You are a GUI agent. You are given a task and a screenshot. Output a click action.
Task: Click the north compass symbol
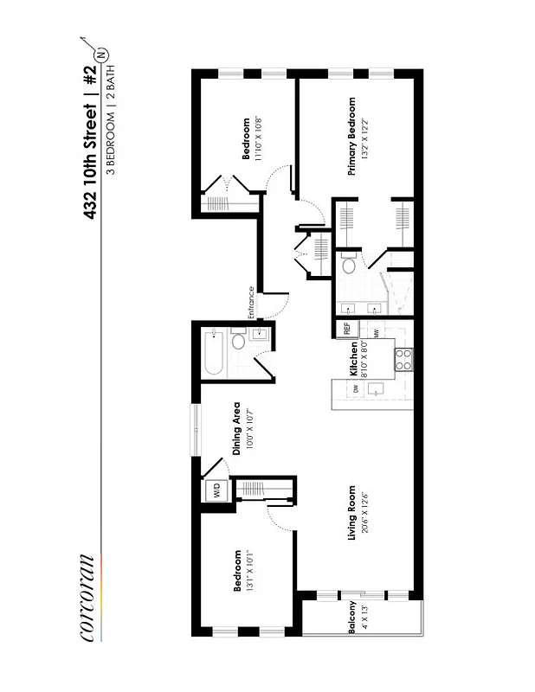[105, 54]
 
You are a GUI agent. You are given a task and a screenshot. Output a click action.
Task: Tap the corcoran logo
[87, 597]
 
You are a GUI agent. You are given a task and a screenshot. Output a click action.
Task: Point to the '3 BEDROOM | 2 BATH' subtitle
[112, 121]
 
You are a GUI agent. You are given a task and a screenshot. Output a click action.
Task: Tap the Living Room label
[352, 519]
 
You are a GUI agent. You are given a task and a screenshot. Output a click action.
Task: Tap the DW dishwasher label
[356, 390]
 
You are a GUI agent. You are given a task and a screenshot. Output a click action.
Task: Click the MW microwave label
[377, 334]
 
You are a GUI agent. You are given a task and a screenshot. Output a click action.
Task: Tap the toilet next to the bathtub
[236, 344]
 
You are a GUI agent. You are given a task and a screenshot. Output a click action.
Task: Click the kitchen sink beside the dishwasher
[375, 391]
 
